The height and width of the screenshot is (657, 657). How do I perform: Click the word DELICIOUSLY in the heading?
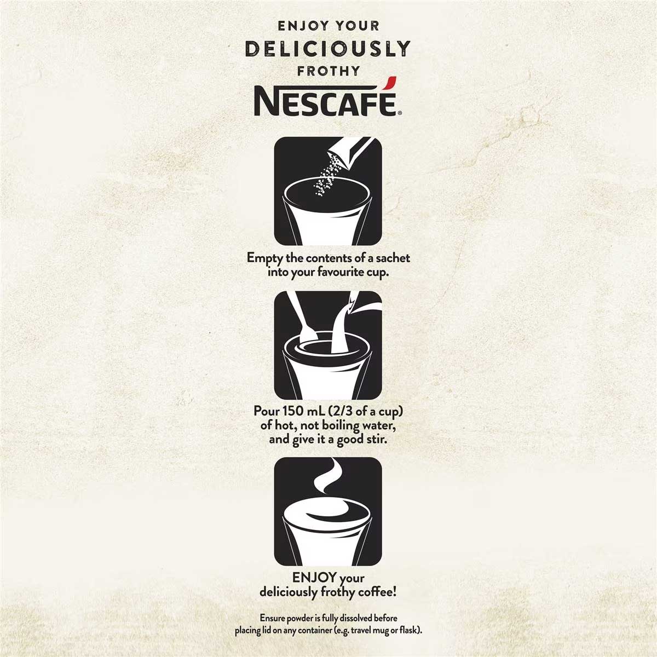327,49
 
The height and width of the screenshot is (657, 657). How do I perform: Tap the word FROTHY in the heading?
328,71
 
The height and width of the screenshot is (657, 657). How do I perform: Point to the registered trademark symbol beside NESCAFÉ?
400,113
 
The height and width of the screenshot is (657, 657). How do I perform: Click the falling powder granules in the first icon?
327,178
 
